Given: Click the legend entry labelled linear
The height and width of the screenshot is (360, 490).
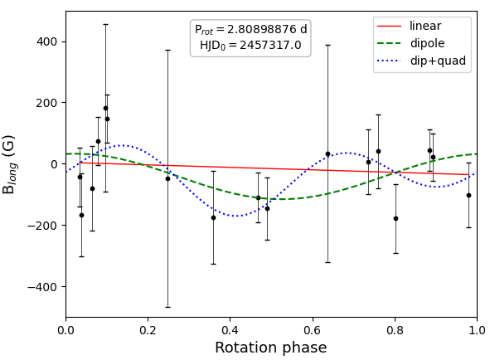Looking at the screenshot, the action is click(x=425, y=26).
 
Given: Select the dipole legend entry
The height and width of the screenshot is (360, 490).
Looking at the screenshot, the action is click(x=427, y=43).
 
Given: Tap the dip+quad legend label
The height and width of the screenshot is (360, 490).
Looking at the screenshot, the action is click(x=438, y=61).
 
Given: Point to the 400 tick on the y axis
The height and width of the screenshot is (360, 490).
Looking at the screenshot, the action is click(x=47, y=41).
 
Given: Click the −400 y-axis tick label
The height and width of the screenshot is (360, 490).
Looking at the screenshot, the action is click(x=42, y=286).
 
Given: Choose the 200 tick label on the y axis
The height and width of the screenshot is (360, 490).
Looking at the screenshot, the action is click(x=47, y=103).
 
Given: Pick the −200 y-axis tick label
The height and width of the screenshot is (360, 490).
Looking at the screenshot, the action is click(x=42, y=225).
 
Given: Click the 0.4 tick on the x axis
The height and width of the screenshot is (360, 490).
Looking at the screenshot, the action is click(x=230, y=330).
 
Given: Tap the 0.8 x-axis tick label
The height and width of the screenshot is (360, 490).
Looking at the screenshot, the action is click(x=395, y=330).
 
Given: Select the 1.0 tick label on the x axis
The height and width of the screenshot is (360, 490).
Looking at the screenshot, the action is click(x=477, y=330).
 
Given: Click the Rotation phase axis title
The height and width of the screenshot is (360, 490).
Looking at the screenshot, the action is click(x=271, y=348).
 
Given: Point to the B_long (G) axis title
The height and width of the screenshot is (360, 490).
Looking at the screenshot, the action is click(x=9, y=164).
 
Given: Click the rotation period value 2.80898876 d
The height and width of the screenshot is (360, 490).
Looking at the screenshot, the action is click(x=267, y=29).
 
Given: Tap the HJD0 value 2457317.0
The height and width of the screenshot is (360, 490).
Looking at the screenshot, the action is click(x=270, y=45).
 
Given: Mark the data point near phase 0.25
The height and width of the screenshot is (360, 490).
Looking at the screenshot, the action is click(x=167, y=178).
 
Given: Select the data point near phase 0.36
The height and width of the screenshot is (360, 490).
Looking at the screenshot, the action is click(x=213, y=217).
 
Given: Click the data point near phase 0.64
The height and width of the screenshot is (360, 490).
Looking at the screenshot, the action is click(x=327, y=154).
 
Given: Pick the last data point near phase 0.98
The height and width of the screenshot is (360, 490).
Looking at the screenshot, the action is click(x=468, y=195).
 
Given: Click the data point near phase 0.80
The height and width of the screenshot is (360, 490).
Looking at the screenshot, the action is click(x=396, y=219).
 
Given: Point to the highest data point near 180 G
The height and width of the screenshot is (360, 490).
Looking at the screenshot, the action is click(x=105, y=108).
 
